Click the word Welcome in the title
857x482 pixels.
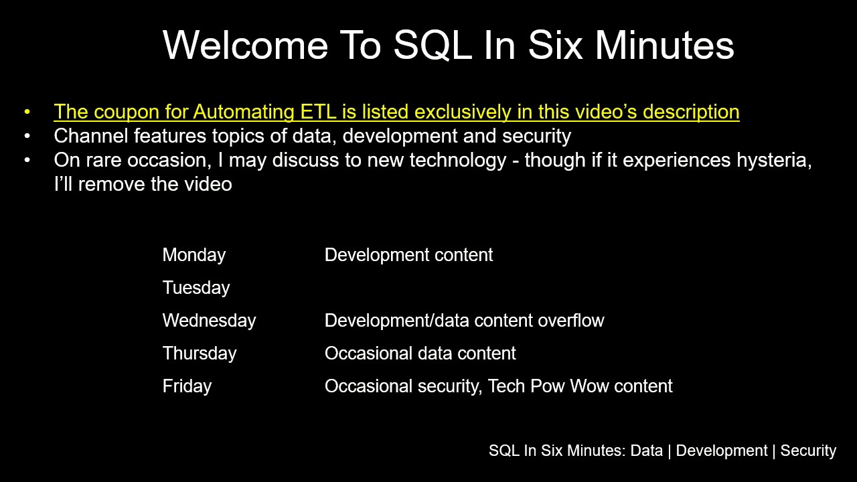click(x=245, y=45)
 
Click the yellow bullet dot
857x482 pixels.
click(x=27, y=112)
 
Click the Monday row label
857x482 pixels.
click(x=194, y=255)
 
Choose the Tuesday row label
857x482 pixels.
click(x=196, y=288)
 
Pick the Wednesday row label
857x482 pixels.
click(x=209, y=321)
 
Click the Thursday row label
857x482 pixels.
click(x=200, y=353)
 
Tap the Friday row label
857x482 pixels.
click(x=187, y=386)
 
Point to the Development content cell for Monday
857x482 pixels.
click(x=408, y=255)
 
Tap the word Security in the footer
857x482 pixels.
click(x=808, y=451)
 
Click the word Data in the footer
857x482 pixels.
click(x=646, y=451)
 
